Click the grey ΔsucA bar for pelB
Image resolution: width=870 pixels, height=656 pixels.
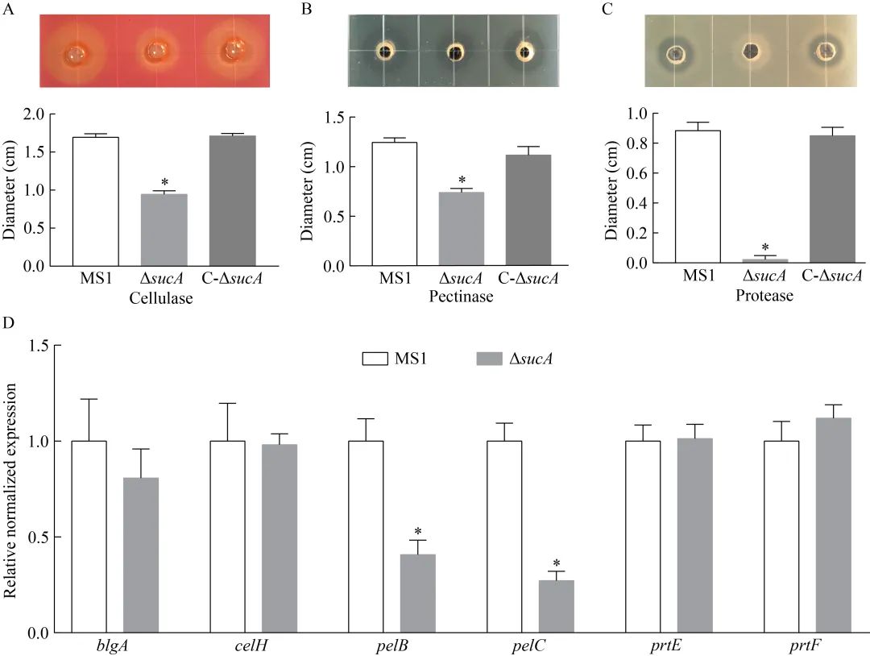(x=417, y=593)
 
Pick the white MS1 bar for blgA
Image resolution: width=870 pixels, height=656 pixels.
(x=89, y=537)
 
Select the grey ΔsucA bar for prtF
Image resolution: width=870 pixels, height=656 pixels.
(x=833, y=525)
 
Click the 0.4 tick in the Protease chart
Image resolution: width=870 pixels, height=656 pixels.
(x=615, y=203)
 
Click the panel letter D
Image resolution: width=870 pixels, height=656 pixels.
(x=7, y=323)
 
